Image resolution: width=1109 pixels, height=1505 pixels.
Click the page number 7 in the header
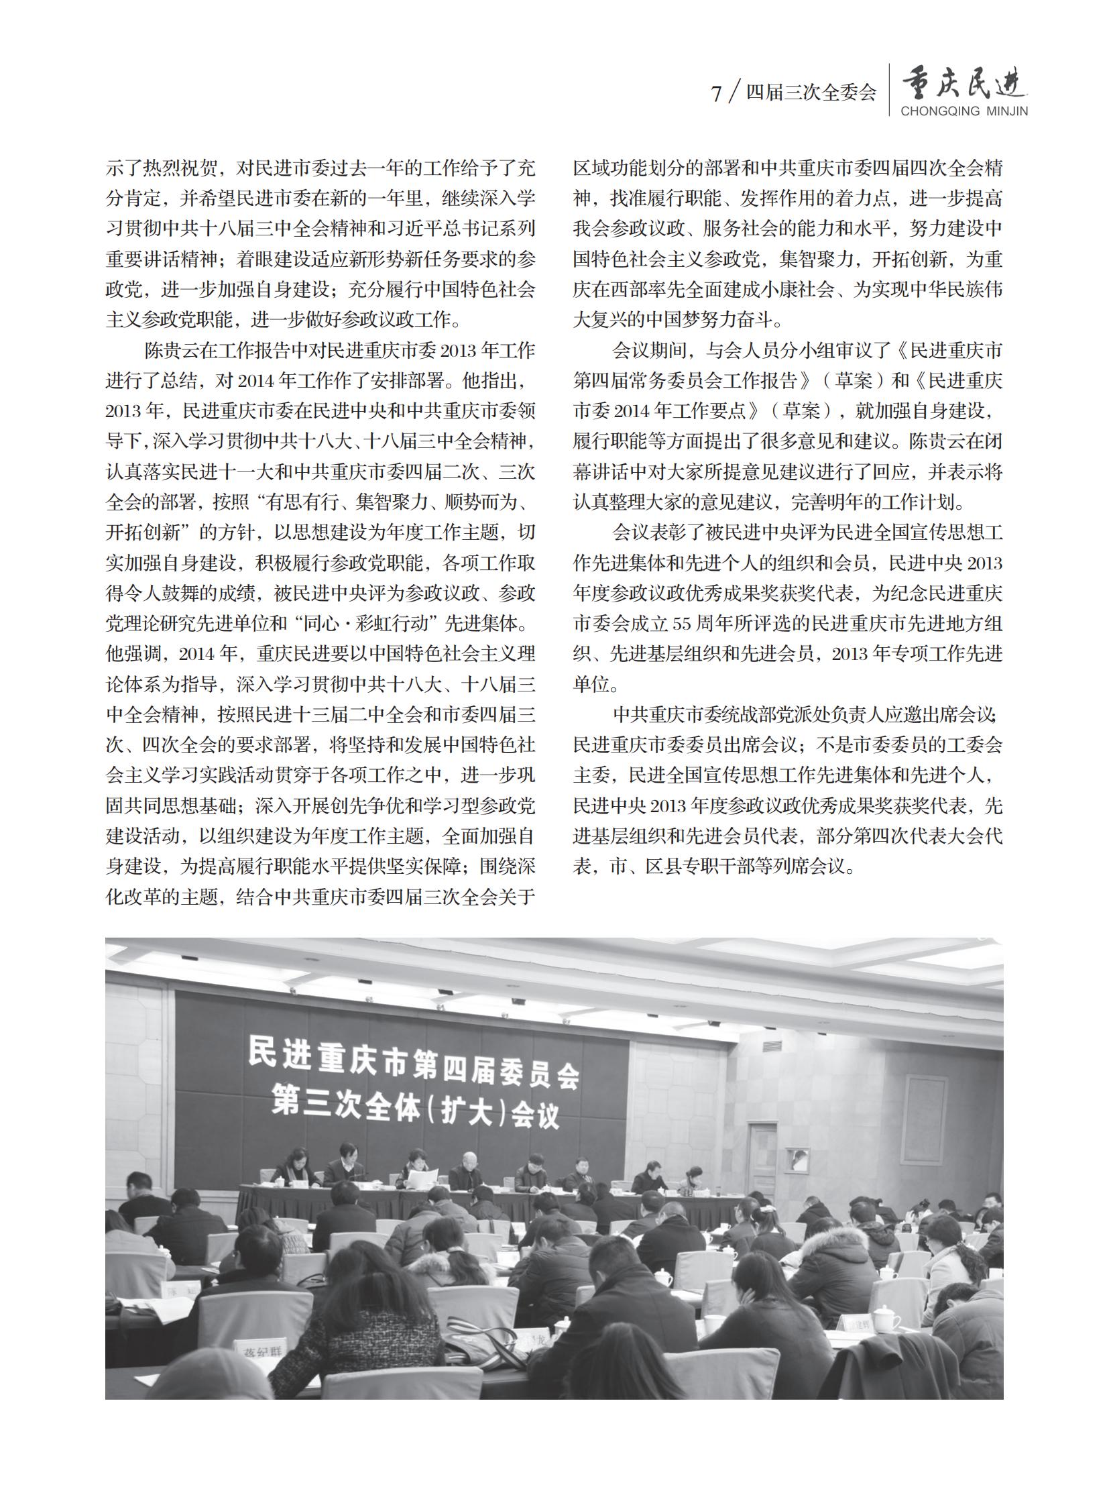click(x=717, y=93)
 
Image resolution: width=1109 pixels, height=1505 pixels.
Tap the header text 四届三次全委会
click(x=811, y=93)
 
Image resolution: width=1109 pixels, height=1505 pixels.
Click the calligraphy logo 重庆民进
click(x=964, y=85)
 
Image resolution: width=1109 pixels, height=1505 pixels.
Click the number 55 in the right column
click(x=681, y=623)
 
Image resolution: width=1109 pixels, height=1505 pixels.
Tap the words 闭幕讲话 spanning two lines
click(x=990, y=441)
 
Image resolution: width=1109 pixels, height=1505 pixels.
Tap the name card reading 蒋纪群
click(x=258, y=1352)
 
